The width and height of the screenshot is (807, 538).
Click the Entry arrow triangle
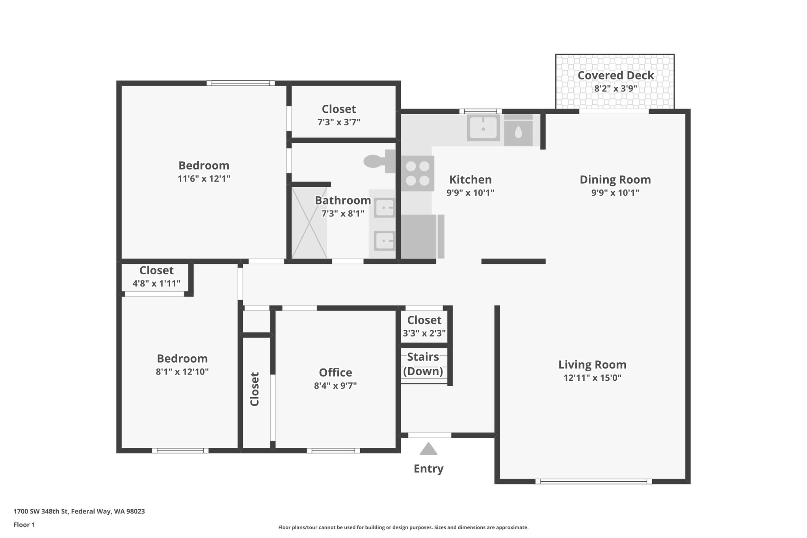(x=428, y=449)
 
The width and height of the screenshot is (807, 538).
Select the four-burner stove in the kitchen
(x=418, y=173)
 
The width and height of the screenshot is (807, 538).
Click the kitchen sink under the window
(x=483, y=127)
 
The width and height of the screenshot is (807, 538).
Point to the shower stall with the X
(x=309, y=223)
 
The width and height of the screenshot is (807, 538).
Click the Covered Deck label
(x=615, y=75)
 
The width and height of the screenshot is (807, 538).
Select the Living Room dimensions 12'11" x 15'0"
(x=592, y=378)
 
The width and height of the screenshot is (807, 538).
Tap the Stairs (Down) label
(x=423, y=364)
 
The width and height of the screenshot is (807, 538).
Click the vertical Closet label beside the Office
(x=255, y=389)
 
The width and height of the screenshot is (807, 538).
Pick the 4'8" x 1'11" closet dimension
(x=156, y=283)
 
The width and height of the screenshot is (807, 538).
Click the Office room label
(x=335, y=372)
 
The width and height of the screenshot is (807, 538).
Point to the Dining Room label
(x=615, y=180)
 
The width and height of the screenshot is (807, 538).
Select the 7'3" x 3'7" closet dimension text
(x=338, y=122)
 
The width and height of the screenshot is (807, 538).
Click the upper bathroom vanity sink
(x=384, y=208)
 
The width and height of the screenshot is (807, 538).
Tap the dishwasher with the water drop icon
(x=518, y=133)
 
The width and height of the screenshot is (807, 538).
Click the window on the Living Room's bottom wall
(x=593, y=481)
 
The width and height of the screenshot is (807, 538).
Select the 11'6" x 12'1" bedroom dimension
(x=204, y=179)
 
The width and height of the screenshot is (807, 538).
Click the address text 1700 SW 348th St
(x=79, y=512)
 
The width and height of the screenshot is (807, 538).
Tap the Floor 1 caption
(x=24, y=525)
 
